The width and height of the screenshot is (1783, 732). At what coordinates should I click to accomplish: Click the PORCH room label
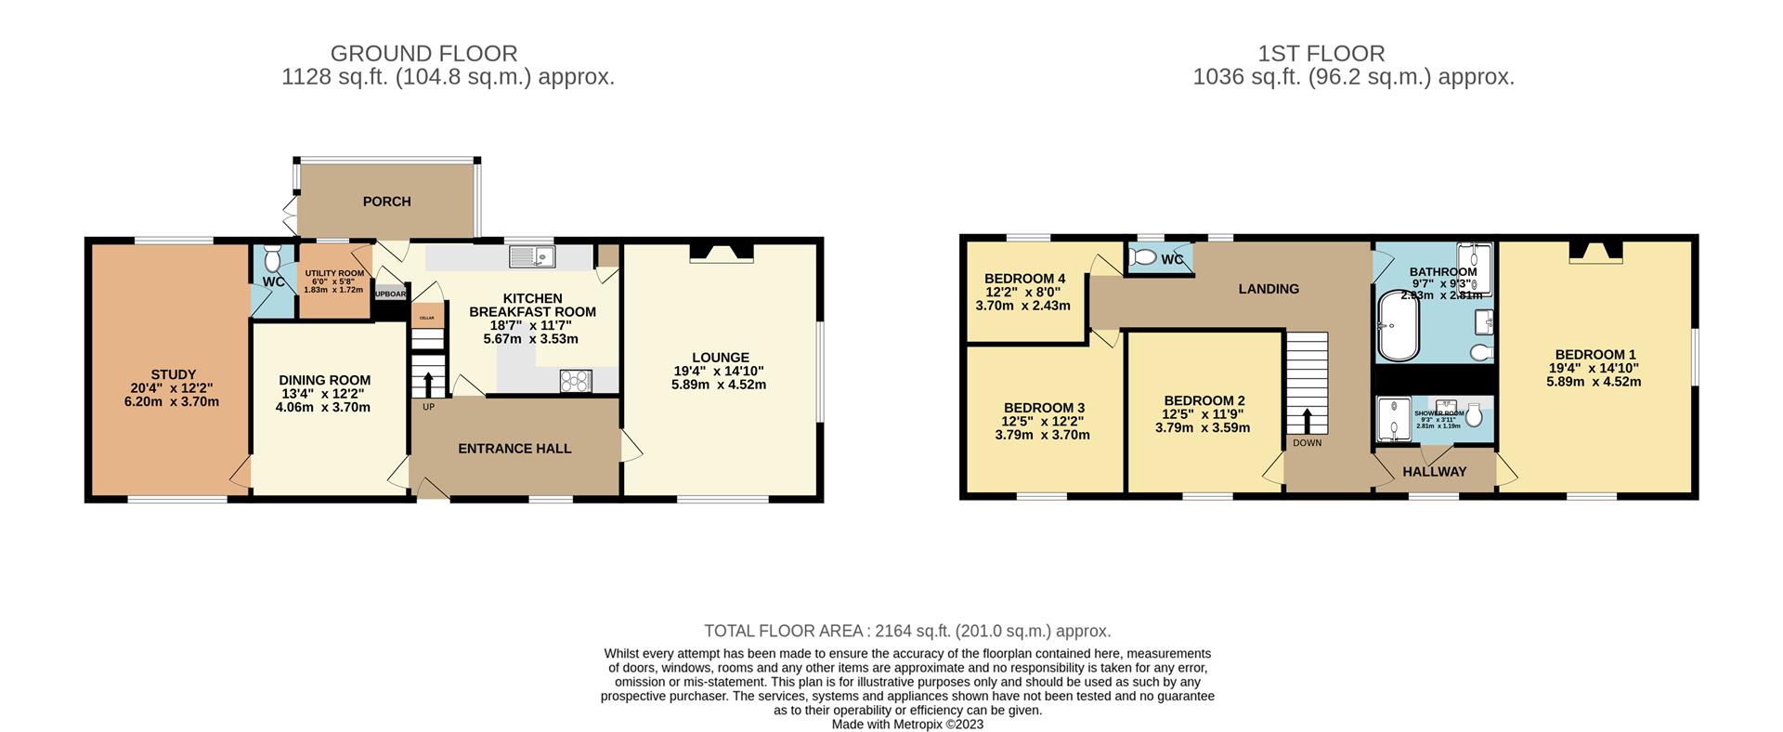[386, 202]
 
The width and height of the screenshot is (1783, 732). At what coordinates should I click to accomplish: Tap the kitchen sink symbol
[531, 255]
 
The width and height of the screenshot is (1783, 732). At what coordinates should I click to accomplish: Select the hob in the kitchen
[576, 380]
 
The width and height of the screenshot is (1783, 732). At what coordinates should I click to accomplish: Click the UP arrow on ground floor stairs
[428, 384]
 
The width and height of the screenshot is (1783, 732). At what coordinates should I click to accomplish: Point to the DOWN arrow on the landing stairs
[1307, 421]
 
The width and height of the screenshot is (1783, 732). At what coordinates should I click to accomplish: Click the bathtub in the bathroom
[1399, 326]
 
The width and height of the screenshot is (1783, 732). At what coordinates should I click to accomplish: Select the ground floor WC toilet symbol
[272, 257]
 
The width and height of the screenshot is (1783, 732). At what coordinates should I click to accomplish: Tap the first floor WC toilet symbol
[1144, 257]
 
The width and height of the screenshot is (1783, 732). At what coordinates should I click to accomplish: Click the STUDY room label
[174, 375]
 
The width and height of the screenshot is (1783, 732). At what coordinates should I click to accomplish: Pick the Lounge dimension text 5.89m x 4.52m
[719, 385]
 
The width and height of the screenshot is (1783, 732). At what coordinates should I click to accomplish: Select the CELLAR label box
[427, 317]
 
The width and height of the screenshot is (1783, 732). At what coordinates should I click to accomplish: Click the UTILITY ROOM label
[334, 273]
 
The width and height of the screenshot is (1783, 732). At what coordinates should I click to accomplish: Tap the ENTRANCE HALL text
[514, 449]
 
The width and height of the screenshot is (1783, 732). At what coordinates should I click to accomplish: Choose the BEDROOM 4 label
[1024, 279]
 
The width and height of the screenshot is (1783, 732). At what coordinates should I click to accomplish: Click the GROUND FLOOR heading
[423, 54]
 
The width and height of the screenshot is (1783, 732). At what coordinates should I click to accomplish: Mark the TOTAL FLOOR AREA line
[907, 632]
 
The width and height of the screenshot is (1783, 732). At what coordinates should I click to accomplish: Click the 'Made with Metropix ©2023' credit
[907, 725]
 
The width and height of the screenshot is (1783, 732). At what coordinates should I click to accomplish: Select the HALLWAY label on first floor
[1434, 472]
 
